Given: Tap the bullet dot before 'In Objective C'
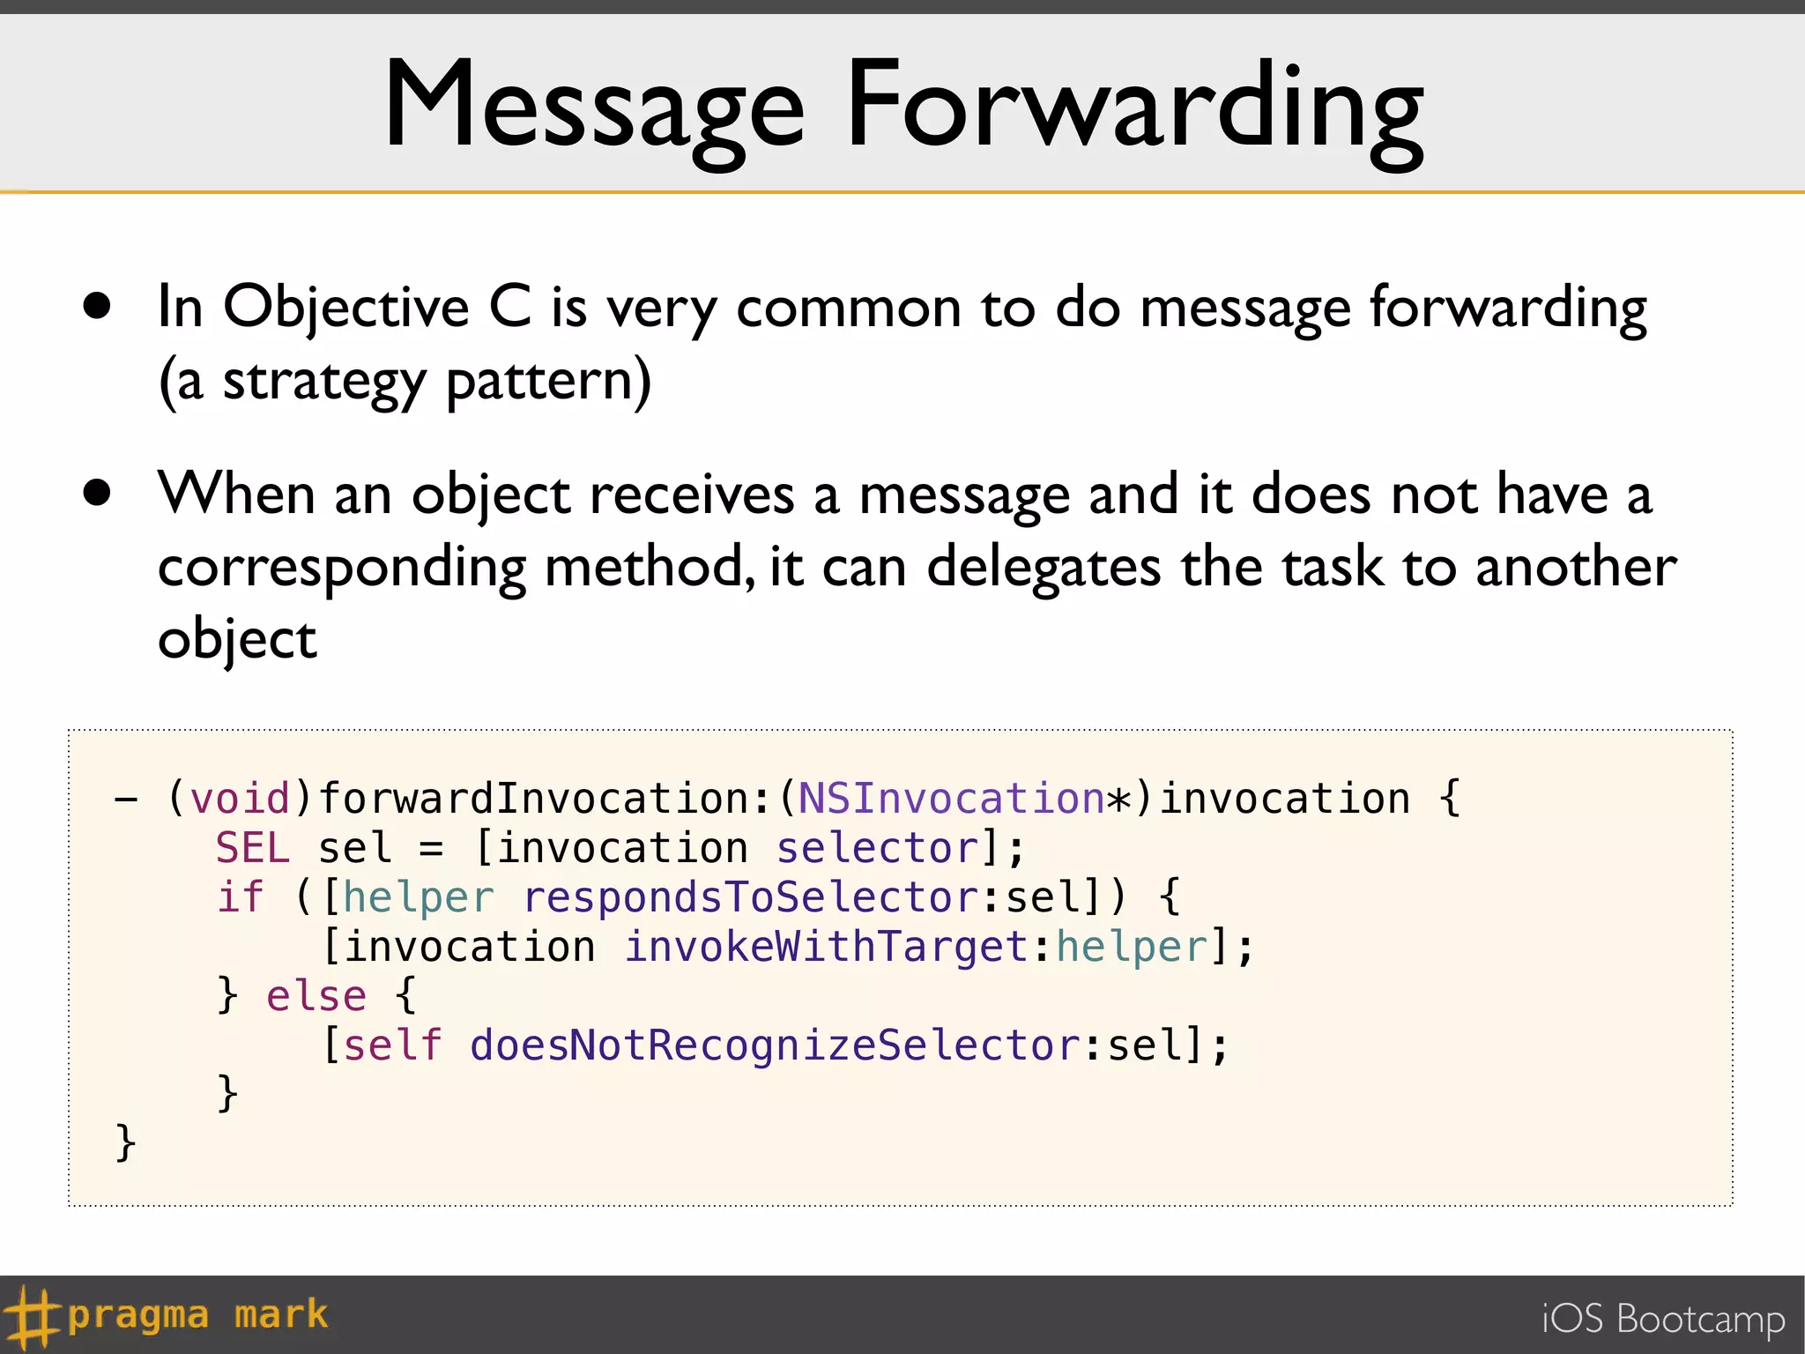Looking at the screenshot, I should coord(97,306).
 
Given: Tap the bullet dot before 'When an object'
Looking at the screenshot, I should coord(97,493).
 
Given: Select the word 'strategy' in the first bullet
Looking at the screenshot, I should coord(323,383).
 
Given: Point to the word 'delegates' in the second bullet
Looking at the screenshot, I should coord(1043,567).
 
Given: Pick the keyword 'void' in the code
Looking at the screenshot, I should coord(240,799).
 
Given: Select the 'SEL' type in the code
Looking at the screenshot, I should coord(252,848).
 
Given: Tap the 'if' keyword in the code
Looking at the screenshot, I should coord(240,897).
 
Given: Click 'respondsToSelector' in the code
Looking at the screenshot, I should coord(750,897).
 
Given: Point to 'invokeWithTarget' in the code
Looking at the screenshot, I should coord(826,947).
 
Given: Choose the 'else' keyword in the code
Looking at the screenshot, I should coord(316,996).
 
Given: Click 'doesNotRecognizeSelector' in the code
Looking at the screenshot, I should coord(775,1045).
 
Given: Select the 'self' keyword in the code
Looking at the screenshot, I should coord(392,1045).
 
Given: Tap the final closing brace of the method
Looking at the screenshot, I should coord(125,1142).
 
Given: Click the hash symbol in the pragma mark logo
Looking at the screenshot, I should coord(30,1316).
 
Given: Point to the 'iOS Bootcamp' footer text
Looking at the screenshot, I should coord(1662,1319).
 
